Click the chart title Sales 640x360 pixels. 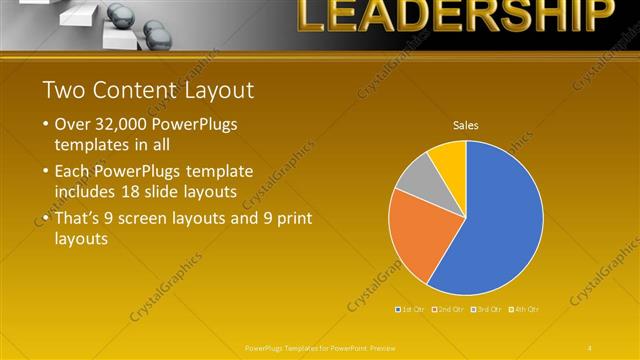(465, 126)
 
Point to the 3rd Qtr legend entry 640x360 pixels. (487, 309)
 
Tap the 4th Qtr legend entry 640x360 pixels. (525, 309)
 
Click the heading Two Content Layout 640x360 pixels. (148, 90)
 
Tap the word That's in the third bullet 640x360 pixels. (80, 218)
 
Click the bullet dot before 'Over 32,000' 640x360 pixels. (46, 126)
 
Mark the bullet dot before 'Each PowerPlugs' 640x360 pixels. (46, 170)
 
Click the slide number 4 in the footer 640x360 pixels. (589, 347)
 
